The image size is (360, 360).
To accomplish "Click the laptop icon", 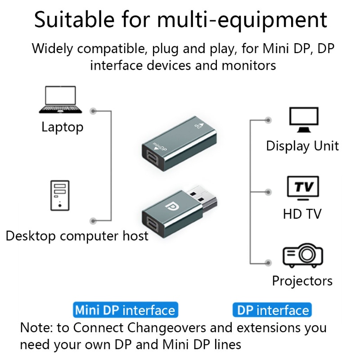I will pyautogui.click(x=60, y=99).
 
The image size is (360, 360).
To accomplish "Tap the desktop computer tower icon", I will pyautogui.click(x=60, y=195).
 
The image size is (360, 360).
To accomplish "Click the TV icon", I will pyautogui.click(x=303, y=187).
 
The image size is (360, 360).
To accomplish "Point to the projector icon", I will pyautogui.click(x=302, y=255).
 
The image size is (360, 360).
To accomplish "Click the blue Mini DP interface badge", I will pyautogui.click(x=125, y=310).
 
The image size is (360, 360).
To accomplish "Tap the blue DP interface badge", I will pyautogui.click(x=272, y=310).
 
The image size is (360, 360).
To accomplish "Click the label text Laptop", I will pyautogui.click(x=62, y=127).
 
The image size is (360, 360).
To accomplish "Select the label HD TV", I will pyautogui.click(x=302, y=213).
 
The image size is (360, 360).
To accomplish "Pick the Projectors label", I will pyautogui.click(x=302, y=281).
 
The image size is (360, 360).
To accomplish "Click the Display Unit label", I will pyautogui.click(x=302, y=146).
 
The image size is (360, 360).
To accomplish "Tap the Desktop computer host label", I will pyautogui.click(x=77, y=235).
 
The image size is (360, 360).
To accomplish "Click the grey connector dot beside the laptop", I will pyautogui.click(x=93, y=111).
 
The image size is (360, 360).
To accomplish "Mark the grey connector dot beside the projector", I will pyautogui.click(x=269, y=262).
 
